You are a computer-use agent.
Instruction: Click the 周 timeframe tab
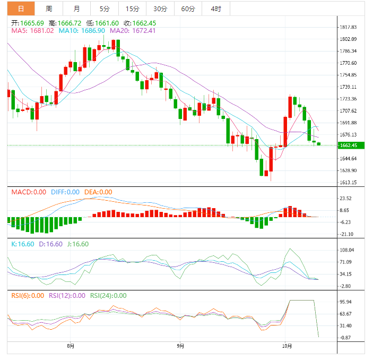pos(49,8)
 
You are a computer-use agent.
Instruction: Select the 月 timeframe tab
pos(77,8)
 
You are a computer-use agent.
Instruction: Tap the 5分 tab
pos(105,8)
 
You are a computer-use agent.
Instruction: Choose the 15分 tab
pos(133,8)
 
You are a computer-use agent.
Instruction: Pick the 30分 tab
pos(160,8)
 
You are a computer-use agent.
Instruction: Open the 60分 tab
pos(188,8)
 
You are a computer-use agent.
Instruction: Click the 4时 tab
pos(216,8)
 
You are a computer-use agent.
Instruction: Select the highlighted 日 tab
pos(21,8)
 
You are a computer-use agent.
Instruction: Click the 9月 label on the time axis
pos(180,346)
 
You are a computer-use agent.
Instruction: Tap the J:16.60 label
pos(77,244)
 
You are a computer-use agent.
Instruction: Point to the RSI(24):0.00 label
pos(108,296)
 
